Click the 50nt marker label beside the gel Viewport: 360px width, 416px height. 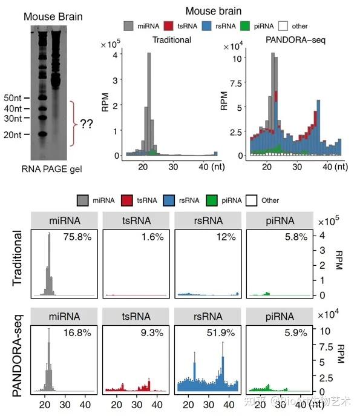point(11,97)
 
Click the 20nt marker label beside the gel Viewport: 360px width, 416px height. point(11,134)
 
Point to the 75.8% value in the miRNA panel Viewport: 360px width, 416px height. point(79,237)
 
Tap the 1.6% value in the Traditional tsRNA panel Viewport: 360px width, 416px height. point(152,237)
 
